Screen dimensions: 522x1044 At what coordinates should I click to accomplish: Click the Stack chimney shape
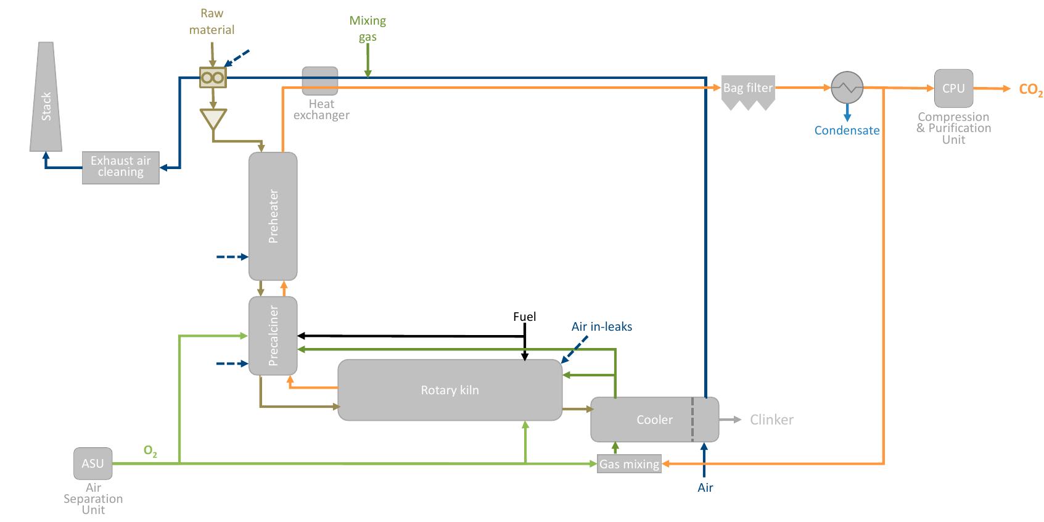(x=46, y=99)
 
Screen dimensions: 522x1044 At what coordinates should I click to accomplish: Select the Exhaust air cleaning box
(x=121, y=167)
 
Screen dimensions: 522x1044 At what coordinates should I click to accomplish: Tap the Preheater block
(x=273, y=216)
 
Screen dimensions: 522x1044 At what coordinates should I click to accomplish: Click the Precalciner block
(x=273, y=336)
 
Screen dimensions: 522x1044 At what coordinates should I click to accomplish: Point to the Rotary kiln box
(x=450, y=390)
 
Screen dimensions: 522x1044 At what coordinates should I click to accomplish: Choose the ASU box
(x=93, y=463)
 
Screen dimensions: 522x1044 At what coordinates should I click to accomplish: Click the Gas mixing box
(x=629, y=464)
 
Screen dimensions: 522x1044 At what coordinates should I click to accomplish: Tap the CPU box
(x=953, y=88)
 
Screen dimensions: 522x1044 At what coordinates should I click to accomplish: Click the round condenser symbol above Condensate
(x=847, y=88)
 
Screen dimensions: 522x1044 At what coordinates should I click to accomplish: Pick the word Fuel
(x=524, y=317)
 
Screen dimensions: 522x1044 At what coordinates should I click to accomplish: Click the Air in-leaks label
(x=601, y=326)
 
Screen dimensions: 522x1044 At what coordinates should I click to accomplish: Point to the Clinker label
(x=771, y=420)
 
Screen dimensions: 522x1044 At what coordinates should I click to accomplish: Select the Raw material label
(x=212, y=22)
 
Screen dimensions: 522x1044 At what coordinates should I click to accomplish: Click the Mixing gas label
(x=368, y=28)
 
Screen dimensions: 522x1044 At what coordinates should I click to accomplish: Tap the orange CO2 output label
(x=1030, y=90)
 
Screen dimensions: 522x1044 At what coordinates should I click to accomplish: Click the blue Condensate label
(x=847, y=130)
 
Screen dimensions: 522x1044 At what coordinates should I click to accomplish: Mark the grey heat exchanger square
(x=320, y=81)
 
